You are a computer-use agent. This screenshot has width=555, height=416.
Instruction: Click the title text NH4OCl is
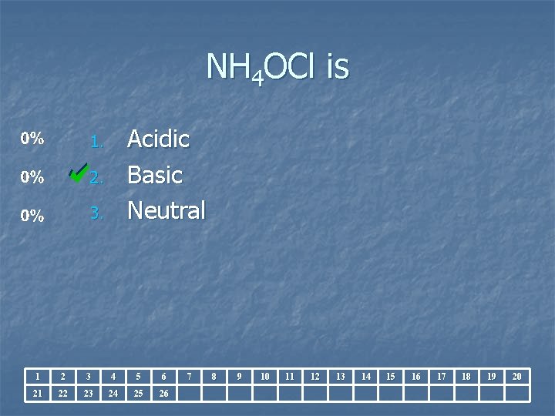(277, 69)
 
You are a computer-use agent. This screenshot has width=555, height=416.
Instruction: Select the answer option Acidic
(158, 139)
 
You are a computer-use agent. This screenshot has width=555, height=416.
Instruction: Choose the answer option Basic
(154, 175)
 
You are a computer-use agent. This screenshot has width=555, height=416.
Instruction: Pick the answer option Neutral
(166, 210)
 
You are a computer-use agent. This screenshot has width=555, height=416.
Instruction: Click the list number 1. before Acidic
(96, 142)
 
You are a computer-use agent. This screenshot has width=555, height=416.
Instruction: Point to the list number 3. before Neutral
(96, 213)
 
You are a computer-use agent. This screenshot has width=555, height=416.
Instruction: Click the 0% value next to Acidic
(32, 139)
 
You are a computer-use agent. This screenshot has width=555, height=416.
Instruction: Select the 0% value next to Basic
(32, 177)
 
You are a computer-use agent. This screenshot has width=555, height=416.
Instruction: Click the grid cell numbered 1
(38, 377)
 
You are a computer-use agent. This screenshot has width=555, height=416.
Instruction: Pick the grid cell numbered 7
(189, 377)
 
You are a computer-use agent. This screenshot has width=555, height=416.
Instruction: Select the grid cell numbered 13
(340, 377)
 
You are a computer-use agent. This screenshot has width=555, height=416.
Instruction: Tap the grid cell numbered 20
(516, 377)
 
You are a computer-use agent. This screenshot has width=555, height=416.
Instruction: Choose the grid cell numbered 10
(264, 377)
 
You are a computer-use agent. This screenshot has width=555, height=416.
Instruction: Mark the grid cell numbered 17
(441, 377)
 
